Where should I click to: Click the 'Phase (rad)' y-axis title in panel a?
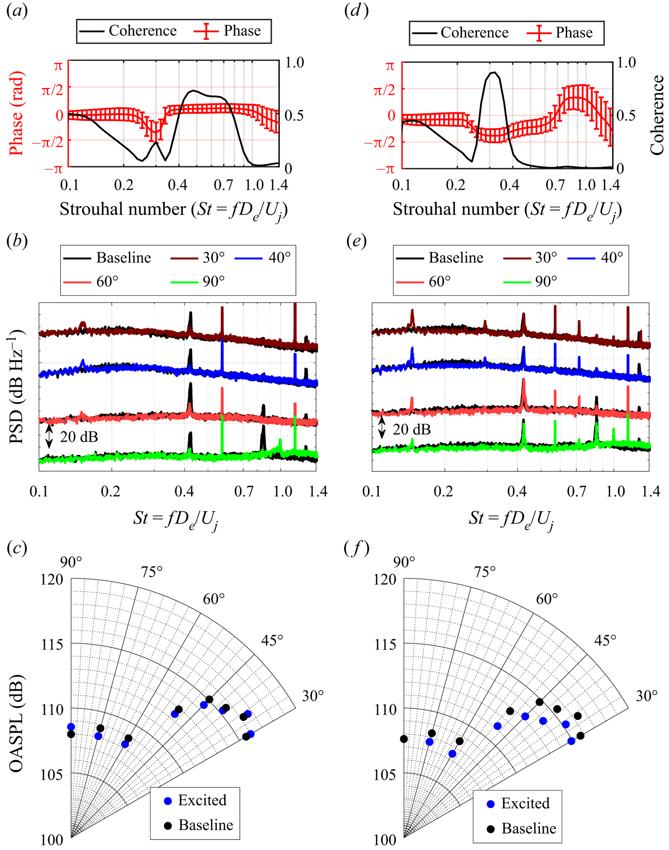pos(17,114)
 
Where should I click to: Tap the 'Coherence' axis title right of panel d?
pos(657,115)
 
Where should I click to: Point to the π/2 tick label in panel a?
pos(53,89)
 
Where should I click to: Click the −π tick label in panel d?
pos(385,168)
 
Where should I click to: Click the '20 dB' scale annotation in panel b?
pos(79,437)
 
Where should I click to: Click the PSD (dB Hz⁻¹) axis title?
pos(17,386)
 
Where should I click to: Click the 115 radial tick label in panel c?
pos(52,644)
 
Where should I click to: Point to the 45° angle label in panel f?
pos(605,640)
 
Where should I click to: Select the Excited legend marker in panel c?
pos(168,801)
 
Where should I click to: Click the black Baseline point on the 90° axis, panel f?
pos(404,739)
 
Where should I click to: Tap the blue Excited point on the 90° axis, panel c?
pos(71,727)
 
